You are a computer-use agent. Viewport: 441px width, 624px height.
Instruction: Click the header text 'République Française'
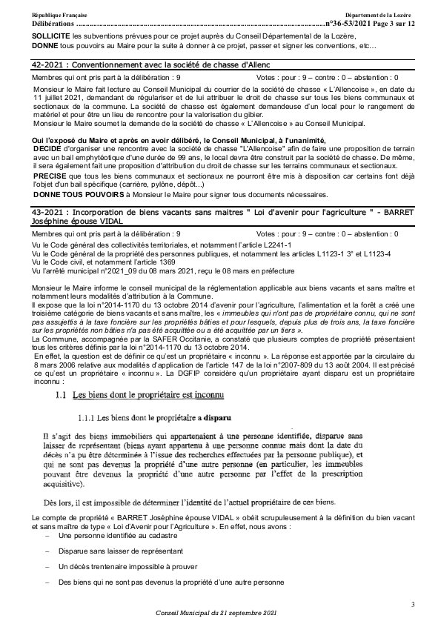click(x=56, y=16)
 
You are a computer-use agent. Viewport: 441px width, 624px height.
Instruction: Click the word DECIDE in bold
click(x=47, y=147)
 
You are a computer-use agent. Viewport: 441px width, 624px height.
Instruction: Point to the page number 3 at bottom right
click(x=414, y=605)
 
